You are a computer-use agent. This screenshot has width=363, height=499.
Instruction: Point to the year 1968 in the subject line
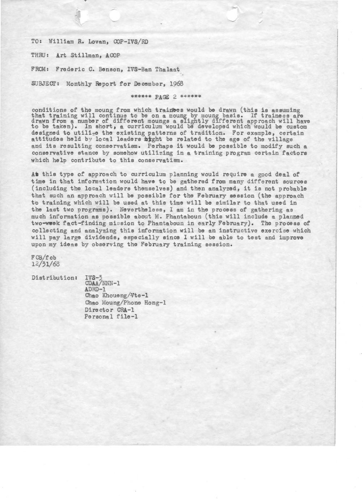tap(176, 84)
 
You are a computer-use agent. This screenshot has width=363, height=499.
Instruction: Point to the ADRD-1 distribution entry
tap(95, 290)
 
